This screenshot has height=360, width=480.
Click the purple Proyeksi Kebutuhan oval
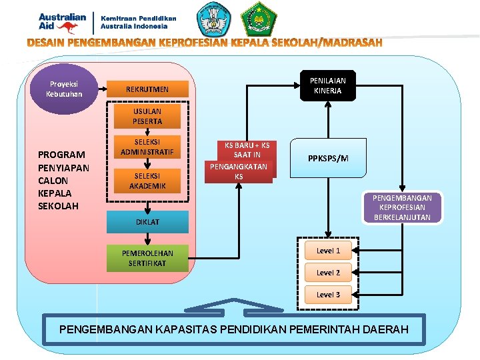pos(64,89)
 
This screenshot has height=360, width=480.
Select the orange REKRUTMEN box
pos(147,89)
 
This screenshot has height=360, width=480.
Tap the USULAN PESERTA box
pos(147,117)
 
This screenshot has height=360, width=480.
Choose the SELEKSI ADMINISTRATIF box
pos(147,148)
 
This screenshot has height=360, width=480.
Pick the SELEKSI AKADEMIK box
pos(147,181)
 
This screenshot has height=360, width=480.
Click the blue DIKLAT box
pos(147,222)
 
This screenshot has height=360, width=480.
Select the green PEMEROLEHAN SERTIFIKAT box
pos(147,258)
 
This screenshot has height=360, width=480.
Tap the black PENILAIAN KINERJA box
pos(327,85)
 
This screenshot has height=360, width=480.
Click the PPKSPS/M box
pos(328,158)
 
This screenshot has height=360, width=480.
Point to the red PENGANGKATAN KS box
pos(239,171)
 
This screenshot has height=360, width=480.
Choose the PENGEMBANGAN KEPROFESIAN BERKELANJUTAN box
pos(402,207)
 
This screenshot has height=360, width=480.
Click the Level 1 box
pos(328,251)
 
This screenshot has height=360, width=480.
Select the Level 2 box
pos(328,273)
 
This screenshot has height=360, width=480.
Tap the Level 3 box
pos(328,295)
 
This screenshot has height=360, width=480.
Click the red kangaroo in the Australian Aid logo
pos(67,27)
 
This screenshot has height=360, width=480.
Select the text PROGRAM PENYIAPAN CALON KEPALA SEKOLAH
pos(63,180)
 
